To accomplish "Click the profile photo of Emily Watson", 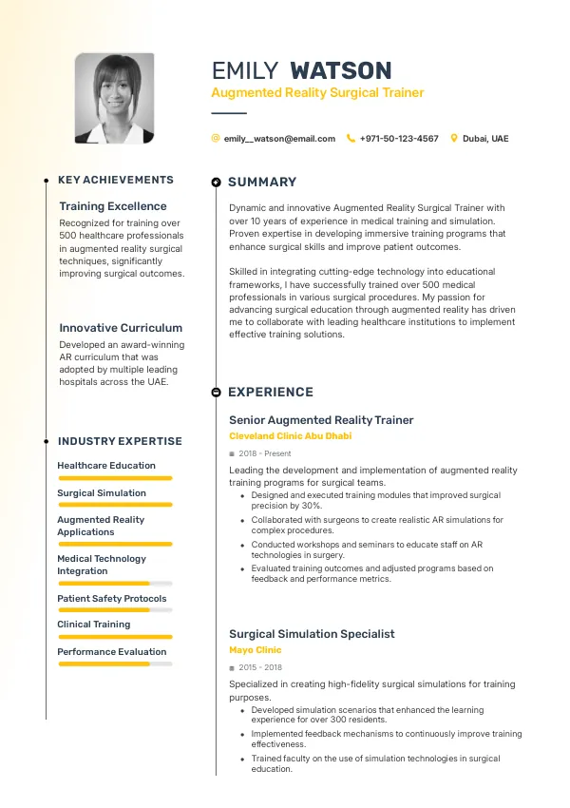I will (114, 98).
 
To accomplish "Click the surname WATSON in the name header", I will (340, 70).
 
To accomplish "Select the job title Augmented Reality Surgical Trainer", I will (317, 93).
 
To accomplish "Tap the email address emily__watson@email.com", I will (279, 139).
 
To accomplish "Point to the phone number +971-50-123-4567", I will (399, 139).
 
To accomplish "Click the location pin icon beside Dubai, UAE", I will (454, 139).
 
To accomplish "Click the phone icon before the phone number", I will (351, 139).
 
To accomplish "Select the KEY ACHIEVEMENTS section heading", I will (116, 180).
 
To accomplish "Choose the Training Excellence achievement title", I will (112, 206).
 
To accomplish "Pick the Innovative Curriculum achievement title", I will (121, 328).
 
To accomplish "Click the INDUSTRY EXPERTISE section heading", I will (120, 441).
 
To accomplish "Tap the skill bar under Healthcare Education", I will (115, 478).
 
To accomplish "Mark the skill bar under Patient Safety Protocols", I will (115, 610).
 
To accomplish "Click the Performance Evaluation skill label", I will (111, 652).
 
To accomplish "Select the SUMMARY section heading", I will (262, 182).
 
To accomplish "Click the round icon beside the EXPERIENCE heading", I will (217, 392).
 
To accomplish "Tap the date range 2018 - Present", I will (265, 454).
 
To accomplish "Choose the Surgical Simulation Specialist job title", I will (312, 634).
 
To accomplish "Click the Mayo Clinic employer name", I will (256, 650).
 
